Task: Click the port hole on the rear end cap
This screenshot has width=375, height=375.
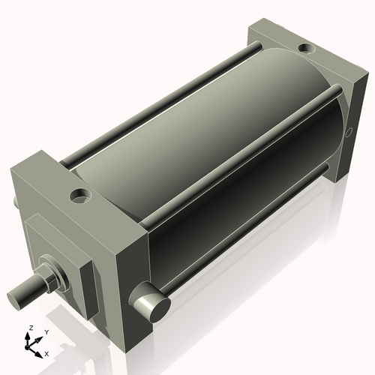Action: (307, 49)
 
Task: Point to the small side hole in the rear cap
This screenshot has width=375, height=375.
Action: (349, 135)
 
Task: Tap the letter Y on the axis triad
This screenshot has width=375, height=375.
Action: (46, 331)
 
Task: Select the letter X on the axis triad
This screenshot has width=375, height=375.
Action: (46, 352)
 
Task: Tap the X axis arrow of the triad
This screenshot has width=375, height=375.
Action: (39, 349)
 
